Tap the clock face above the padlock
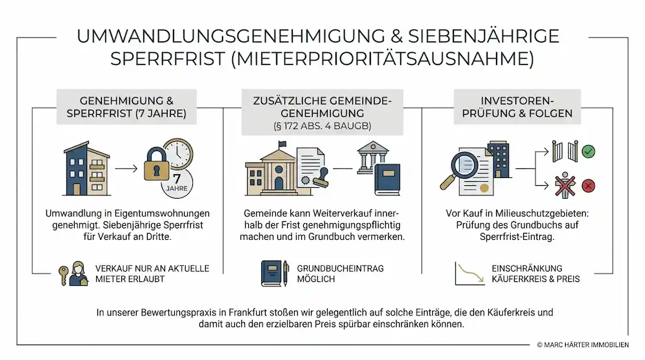tap(178, 152)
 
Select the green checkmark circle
tap(588, 152)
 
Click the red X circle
tap(588, 186)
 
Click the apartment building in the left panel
tap(86, 169)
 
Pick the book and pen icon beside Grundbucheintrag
tap(273, 274)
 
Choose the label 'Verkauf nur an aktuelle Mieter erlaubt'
tap(152, 274)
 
